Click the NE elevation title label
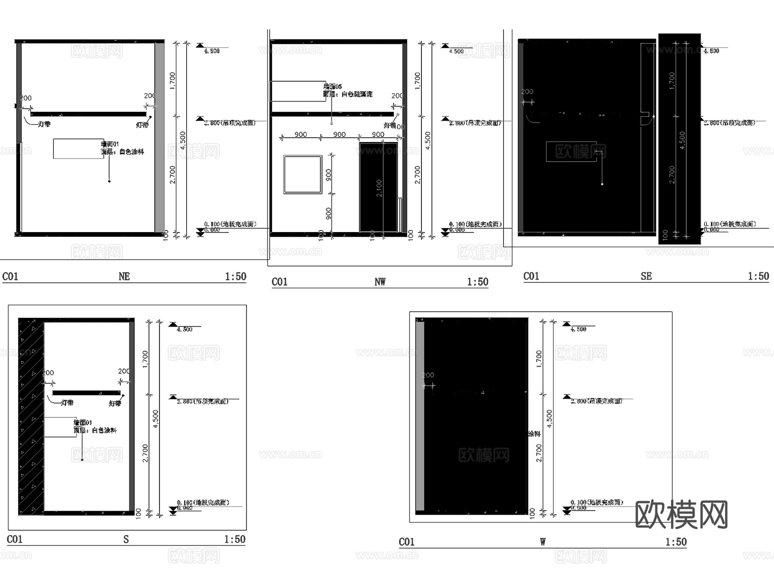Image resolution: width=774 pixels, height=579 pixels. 124,276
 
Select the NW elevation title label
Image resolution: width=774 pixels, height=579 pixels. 380,282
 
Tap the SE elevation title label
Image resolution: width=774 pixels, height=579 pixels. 646,276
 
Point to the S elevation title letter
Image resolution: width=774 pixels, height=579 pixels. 126,539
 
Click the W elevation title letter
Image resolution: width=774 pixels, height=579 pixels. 543,542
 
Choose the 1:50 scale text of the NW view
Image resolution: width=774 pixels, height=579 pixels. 477,282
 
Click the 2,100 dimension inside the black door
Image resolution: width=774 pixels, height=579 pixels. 379,188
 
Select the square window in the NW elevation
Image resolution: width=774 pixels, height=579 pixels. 303,175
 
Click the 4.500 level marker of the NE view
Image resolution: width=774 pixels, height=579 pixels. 212,51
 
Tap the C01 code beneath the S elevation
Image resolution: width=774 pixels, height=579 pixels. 15,539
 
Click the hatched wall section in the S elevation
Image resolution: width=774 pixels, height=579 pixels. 31,417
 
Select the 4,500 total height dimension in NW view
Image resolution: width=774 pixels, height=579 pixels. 427,141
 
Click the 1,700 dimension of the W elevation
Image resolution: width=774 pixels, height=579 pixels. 539,358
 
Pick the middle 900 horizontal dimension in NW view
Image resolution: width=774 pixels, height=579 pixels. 339,135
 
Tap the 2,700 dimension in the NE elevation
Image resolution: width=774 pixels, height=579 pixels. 172,175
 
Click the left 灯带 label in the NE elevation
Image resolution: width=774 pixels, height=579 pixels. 44,124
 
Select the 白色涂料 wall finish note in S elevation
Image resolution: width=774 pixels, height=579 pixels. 104,430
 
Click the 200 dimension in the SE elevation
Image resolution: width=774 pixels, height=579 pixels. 527,92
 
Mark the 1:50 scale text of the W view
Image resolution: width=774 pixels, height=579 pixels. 676,542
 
